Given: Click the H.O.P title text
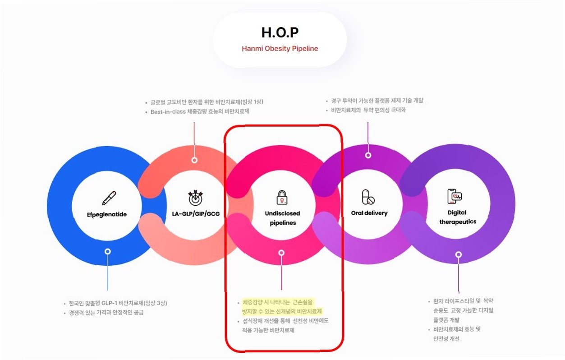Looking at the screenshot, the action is pos(280,32).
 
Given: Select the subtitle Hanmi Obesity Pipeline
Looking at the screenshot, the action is pos(280,49).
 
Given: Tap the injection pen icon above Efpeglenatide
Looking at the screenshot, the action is pos(108,198).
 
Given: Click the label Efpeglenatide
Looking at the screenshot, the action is pos(107,214).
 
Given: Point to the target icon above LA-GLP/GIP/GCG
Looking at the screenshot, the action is pos(195,197).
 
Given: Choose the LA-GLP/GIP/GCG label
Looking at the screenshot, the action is pos(196,213).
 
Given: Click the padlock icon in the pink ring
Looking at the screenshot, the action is pos(282,197).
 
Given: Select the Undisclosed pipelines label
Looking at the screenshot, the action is pos(282,218).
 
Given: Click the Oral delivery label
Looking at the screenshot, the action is pos(369,213).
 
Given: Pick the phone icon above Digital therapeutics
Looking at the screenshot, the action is pos(455,196).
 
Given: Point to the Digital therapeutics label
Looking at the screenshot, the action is pos(457,217).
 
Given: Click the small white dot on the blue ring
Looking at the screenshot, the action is pos(107,251).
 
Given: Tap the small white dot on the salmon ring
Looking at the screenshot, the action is pos(194,160).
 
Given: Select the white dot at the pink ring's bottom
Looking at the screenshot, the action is pos(281,253).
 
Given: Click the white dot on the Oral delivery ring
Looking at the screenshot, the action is pos(368,155).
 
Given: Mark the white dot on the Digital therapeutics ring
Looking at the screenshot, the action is pos(458,254).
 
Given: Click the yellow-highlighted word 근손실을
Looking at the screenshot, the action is pos(302,302).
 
